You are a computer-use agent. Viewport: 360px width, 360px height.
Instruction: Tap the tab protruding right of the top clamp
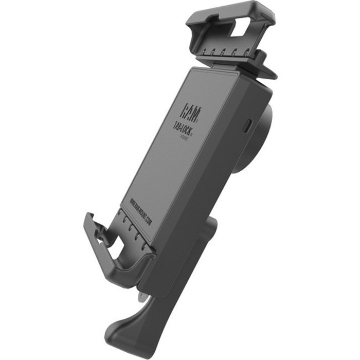(x=267, y=69)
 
